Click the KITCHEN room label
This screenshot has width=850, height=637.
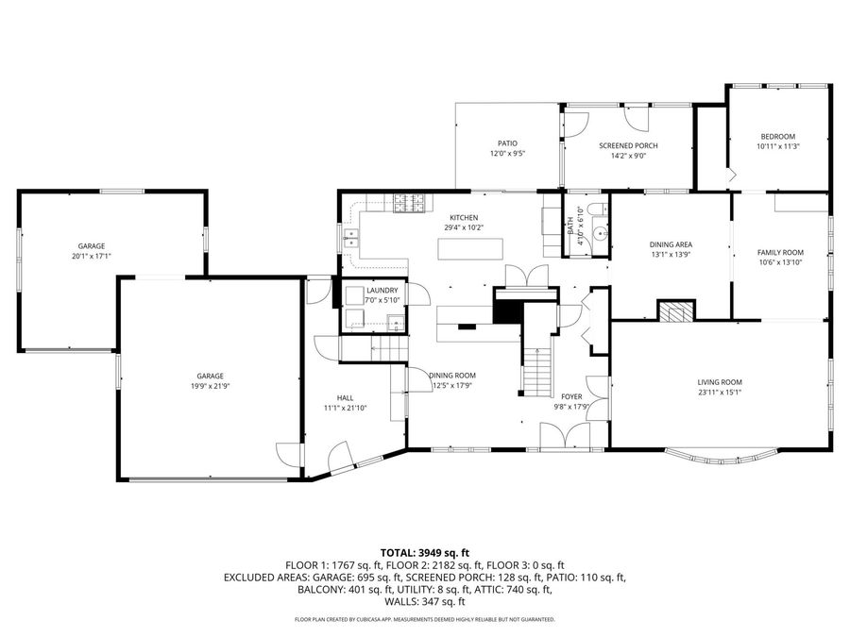464,217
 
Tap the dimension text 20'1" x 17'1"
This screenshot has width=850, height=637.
92,256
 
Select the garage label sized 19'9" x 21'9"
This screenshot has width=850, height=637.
210,376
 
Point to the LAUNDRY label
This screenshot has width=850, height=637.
382,290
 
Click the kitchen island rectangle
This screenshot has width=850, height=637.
470,248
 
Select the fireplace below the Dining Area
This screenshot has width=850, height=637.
675,312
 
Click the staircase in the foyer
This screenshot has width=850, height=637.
537,371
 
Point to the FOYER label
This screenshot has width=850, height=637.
572,397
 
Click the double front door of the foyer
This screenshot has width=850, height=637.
564,435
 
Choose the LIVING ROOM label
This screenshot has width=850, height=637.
721,382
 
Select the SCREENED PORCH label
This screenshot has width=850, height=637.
628,145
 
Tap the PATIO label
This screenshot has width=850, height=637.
507,143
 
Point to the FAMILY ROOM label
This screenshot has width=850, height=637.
780,252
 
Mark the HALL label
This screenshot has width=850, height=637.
345,397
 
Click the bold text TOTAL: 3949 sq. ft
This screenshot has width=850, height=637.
424,552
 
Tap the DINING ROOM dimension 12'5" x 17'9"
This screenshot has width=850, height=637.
451,385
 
